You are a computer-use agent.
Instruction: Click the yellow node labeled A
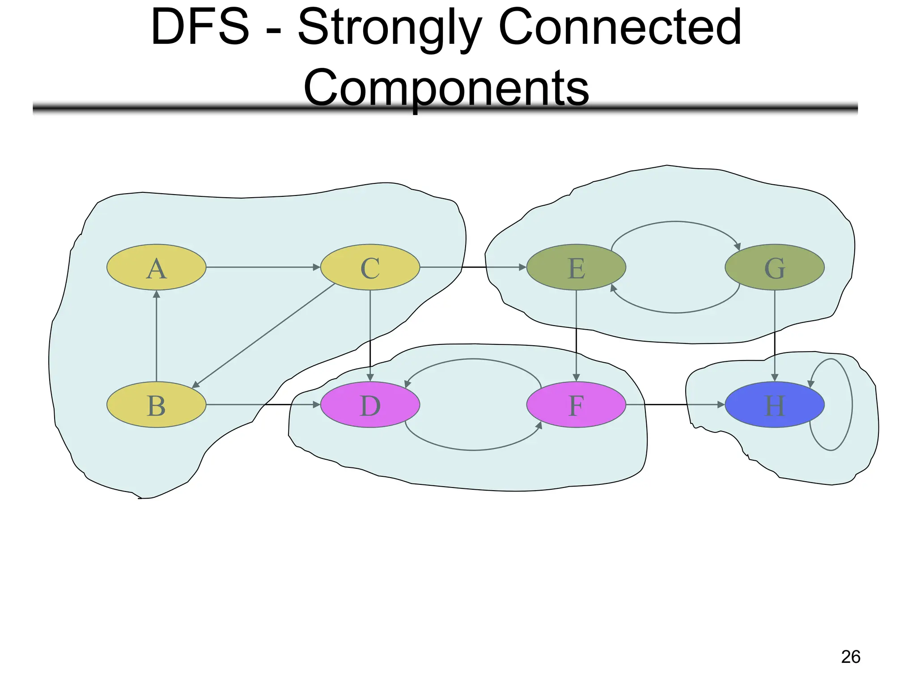(x=156, y=267)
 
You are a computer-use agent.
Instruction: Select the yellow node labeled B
(x=156, y=404)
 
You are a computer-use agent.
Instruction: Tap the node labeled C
(x=370, y=267)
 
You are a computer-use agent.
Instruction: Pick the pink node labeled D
(x=370, y=404)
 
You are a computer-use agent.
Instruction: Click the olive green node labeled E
(x=576, y=267)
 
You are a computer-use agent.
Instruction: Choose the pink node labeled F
(x=576, y=404)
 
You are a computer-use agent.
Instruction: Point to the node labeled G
(x=774, y=267)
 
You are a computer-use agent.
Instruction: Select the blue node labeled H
(x=774, y=404)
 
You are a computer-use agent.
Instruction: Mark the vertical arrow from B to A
(x=156, y=335)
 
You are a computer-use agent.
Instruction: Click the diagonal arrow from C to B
(x=264, y=335)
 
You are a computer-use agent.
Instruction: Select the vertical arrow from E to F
(x=576, y=335)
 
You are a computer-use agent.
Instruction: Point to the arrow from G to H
(x=775, y=335)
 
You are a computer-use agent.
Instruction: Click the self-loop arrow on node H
(x=851, y=405)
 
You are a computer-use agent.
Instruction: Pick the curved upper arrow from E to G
(x=675, y=221)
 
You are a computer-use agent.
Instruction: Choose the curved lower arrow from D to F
(x=473, y=450)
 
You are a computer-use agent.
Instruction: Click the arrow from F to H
(x=675, y=404)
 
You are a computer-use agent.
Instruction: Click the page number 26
(x=850, y=657)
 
